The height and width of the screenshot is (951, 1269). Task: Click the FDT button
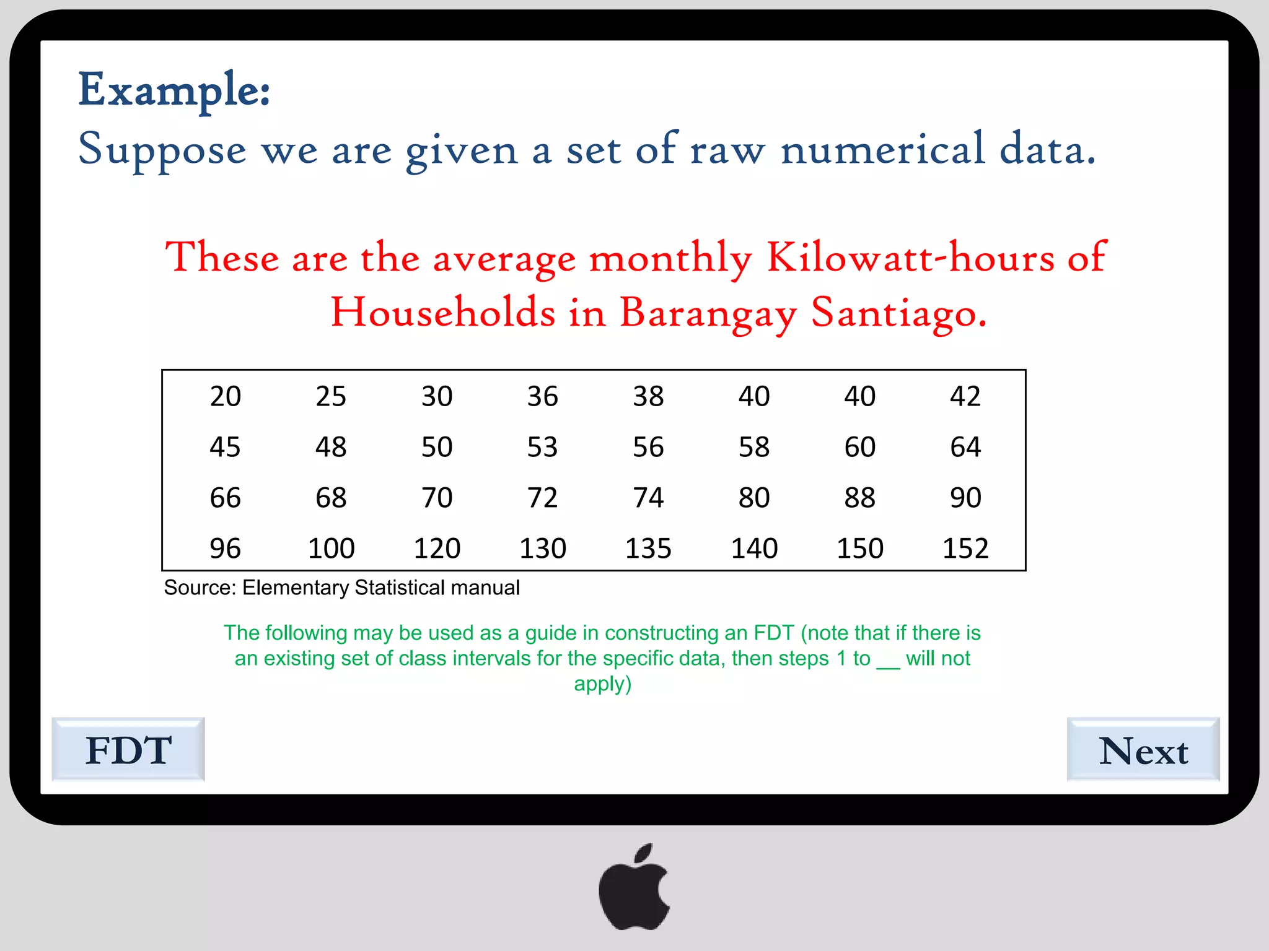click(x=128, y=750)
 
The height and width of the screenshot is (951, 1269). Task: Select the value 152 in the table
click(x=965, y=548)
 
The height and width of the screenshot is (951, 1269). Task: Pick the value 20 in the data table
click(x=226, y=396)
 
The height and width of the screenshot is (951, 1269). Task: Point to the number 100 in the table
click(x=331, y=548)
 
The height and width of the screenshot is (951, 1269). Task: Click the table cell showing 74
click(x=648, y=498)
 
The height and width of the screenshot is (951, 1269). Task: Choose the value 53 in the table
click(x=542, y=447)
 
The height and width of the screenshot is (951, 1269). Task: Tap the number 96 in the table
click(x=226, y=548)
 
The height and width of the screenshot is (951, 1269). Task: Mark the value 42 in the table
click(x=965, y=396)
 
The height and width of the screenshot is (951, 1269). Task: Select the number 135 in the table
click(x=648, y=548)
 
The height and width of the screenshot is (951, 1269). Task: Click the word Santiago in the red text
click(x=898, y=313)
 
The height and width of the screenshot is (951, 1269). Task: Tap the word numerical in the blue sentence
click(x=882, y=149)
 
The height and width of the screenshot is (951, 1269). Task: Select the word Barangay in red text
click(x=708, y=313)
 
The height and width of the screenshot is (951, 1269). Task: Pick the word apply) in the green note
click(x=602, y=684)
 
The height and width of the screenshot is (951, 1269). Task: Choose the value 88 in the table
click(x=859, y=498)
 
